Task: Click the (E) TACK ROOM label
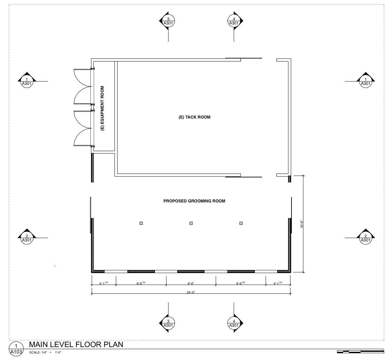[x=195, y=117]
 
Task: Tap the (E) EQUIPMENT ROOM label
[x=102, y=108]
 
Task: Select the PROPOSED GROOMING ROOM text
[x=194, y=201]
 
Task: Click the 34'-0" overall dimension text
[x=191, y=292]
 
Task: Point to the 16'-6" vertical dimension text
[x=302, y=224]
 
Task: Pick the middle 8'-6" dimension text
[x=191, y=283]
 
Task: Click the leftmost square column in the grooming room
[x=141, y=223]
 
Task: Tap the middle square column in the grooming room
[x=191, y=223]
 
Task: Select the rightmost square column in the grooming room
[x=241, y=223]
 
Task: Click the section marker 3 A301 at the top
[x=168, y=21]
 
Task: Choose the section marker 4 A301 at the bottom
[x=234, y=323]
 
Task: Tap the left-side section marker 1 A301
[x=27, y=80]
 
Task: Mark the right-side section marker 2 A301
[x=366, y=237]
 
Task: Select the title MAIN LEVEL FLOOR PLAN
[x=76, y=344]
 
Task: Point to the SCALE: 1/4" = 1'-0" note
[x=46, y=353]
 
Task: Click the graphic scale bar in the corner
[x=360, y=352]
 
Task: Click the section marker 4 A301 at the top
[x=234, y=21]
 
